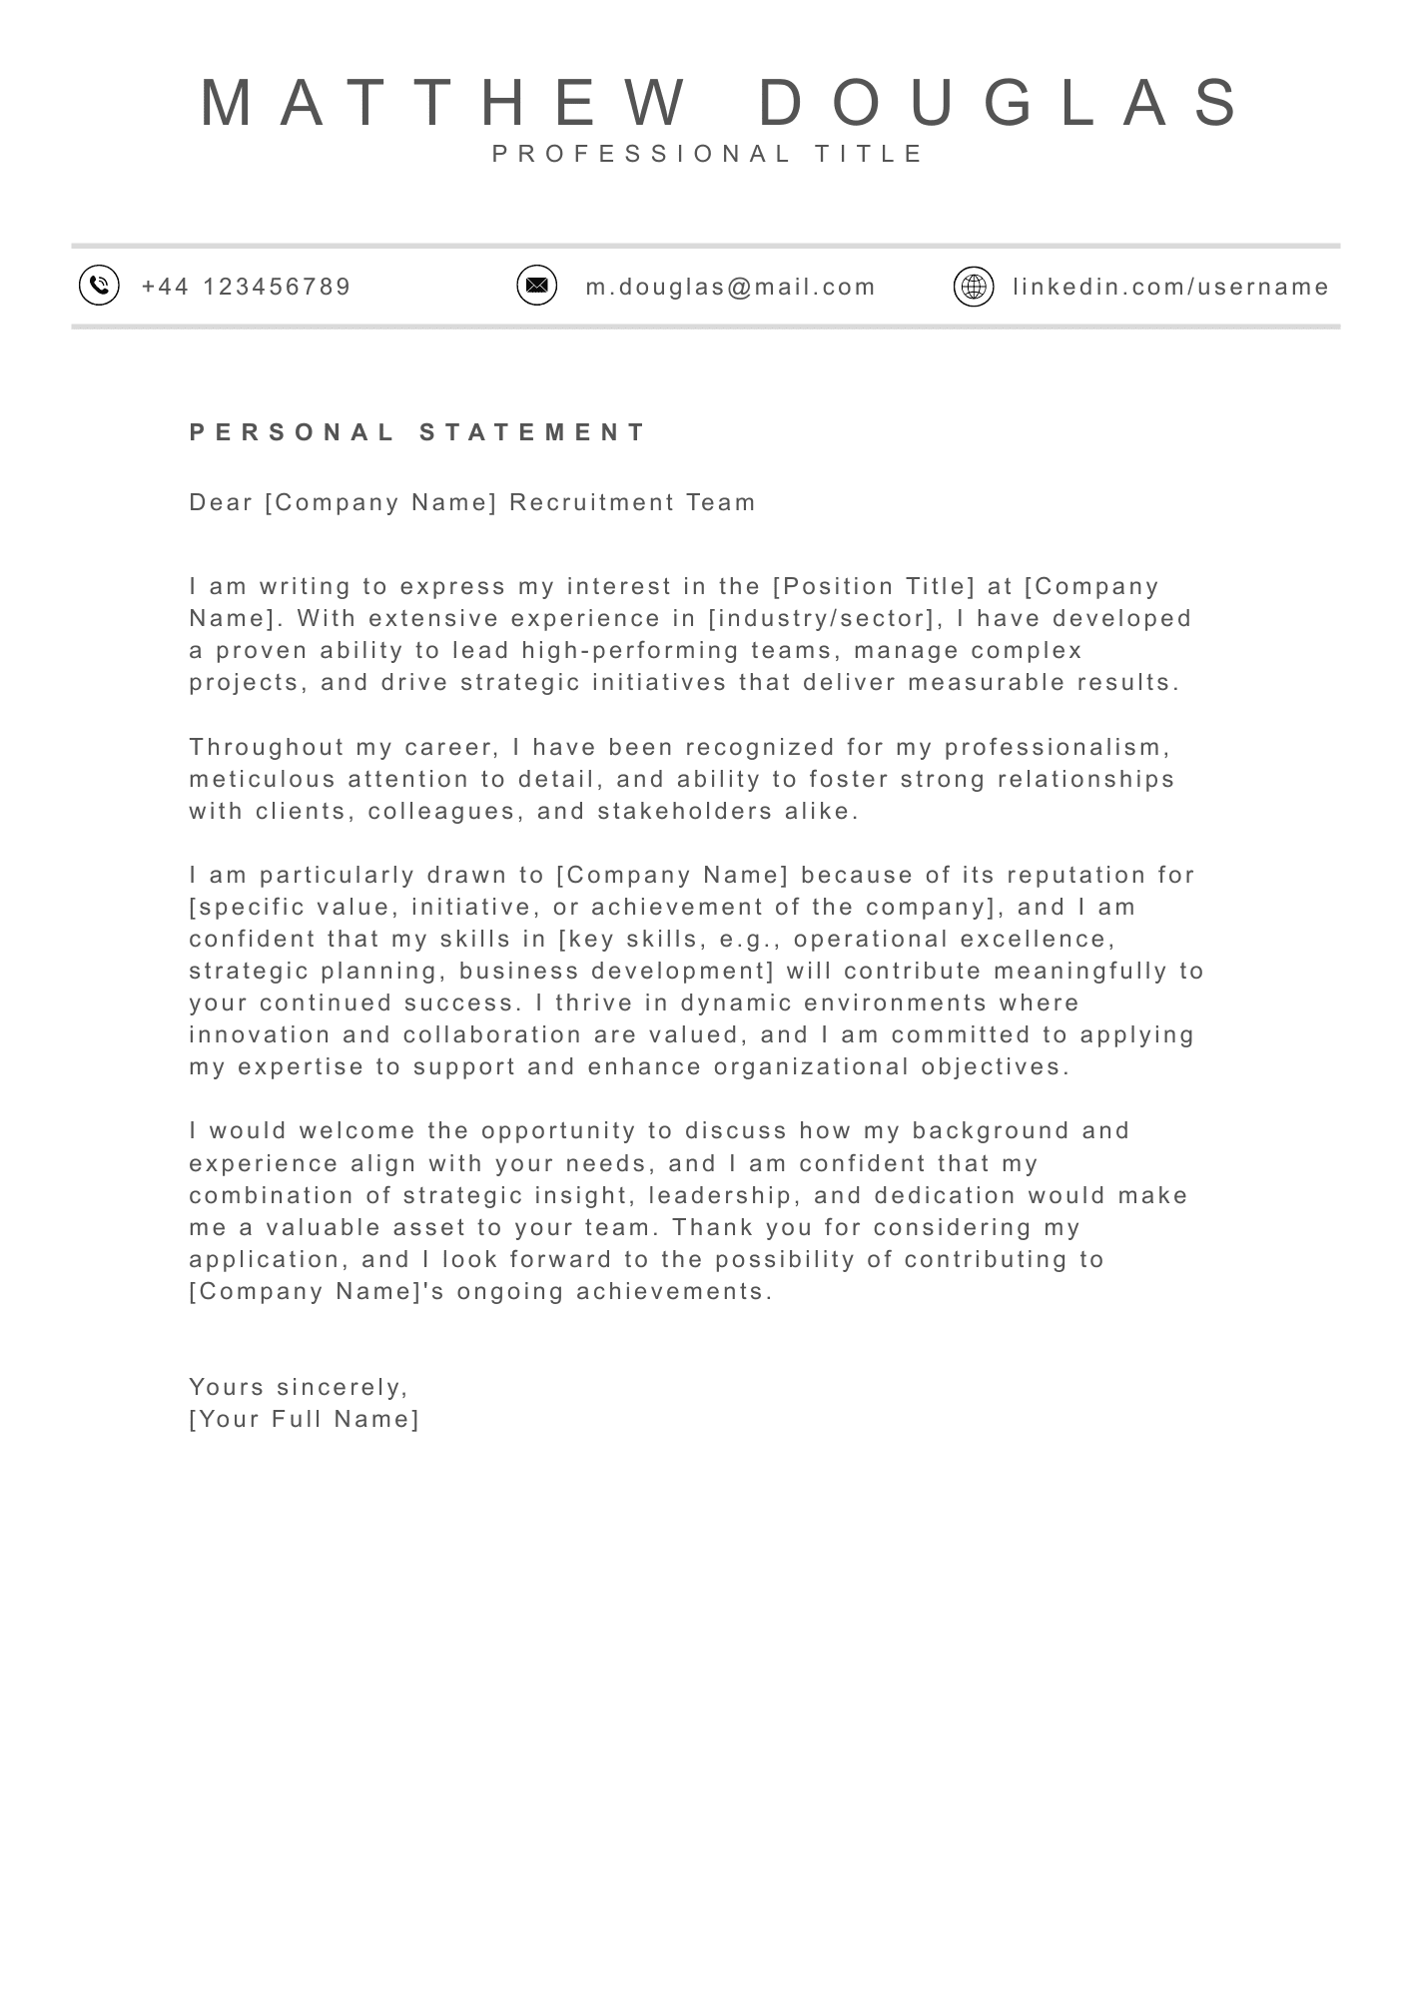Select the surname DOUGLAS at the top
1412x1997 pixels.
point(999,103)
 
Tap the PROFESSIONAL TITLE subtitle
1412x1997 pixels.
point(708,154)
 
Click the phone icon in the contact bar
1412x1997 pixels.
point(99,286)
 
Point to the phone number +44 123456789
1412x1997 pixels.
point(247,288)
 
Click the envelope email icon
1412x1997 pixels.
point(536,286)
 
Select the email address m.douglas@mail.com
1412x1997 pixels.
point(730,288)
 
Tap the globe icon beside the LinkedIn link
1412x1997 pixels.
point(974,287)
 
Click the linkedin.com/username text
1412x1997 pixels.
point(1170,288)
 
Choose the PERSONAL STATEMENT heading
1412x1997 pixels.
point(418,432)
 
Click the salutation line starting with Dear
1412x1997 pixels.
point(472,502)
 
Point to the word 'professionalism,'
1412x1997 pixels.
point(1058,747)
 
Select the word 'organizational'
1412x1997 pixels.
point(812,1066)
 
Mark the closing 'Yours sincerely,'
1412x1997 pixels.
point(299,1387)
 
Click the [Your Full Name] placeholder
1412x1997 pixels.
point(305,1419)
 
